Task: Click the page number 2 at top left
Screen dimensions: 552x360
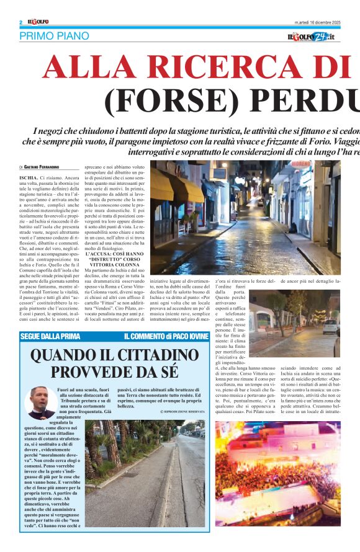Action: click(x=21, y=22)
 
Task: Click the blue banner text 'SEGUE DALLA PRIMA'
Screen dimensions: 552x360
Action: click(x=50, y=336)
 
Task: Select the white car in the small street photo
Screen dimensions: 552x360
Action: click(x=330, y=326)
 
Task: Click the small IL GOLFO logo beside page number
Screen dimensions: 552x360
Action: click(x=38, y=22)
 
